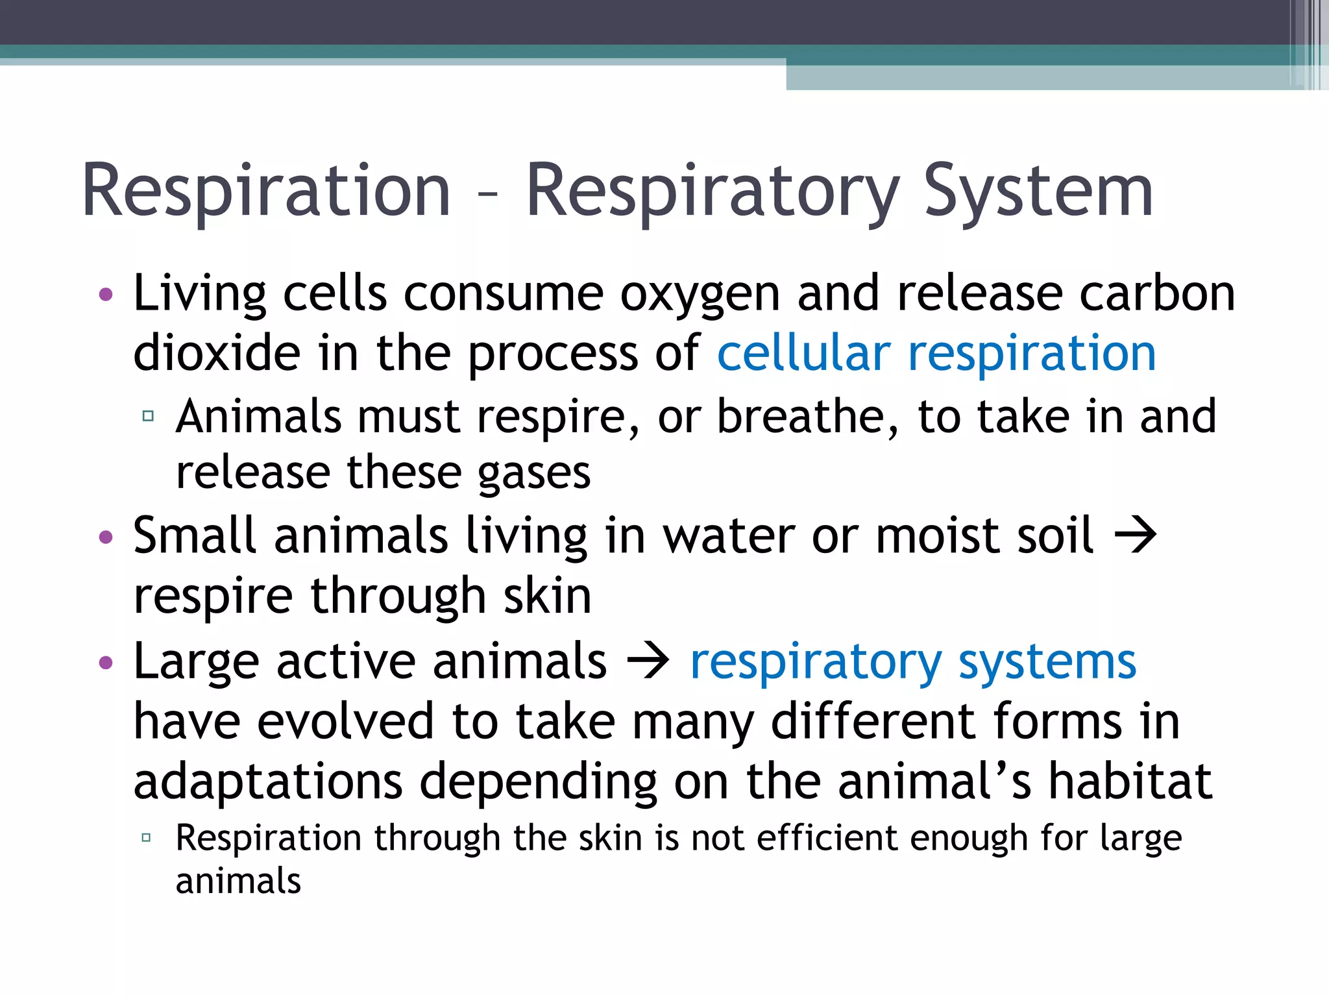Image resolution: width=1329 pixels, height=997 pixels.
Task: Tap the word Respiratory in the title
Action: point(712,191)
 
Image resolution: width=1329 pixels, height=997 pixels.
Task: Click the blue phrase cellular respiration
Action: point(936,354)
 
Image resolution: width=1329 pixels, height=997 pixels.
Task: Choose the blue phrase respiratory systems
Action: point(913,662)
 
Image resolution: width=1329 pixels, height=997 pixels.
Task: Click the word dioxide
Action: point(217,354)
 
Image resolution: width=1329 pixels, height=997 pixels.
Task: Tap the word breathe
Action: point(807,417)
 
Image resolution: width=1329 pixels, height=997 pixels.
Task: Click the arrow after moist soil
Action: point(1135,536)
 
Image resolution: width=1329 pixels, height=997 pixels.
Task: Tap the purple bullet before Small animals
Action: point(106,537)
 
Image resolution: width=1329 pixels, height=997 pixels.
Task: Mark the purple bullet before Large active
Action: point(106,663)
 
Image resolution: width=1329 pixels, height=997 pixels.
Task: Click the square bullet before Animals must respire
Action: point(148,416)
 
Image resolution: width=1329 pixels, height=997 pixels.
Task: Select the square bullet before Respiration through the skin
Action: point(147,838)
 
